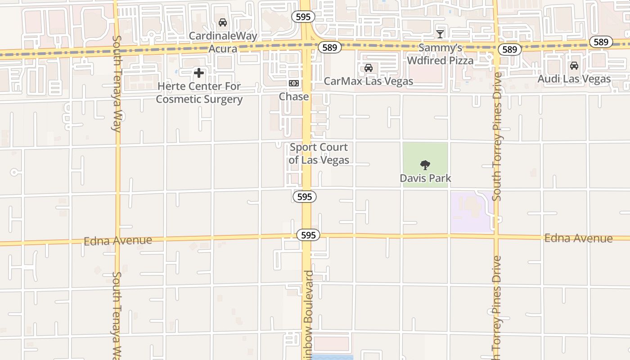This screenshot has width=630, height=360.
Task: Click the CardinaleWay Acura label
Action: pyautogui.click(x=223, y=42)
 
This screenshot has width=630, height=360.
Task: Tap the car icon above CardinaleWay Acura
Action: pyautogui.click(x=222, y=22)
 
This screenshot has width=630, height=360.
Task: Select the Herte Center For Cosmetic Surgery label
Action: pyautogui.click(x=199, y=93)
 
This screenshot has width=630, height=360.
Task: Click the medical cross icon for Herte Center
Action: pyautogui.click(x=199, y=72)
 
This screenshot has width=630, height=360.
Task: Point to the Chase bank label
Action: pyautogui.click(x=294, y=96)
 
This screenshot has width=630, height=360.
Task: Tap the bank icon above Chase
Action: pyautogui.click(x=294, y=83)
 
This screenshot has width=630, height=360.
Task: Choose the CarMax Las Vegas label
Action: pyautogui.click(x=369, y=81)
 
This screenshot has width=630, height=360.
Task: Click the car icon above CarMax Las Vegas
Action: pyautogui.click(x=369, y=68)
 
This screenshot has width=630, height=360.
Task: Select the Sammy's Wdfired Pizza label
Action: pyautogui.click(x=440, y=54)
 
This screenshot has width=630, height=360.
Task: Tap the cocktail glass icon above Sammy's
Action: pyautogui.click(x=440, y=34)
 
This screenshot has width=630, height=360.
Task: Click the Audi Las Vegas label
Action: pyautogui.click(x=575, y=79)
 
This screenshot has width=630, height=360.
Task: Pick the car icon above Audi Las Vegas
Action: pyautogui.click(x=574, y=66)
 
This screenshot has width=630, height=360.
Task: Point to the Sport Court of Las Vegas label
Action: pyautogui.click(x=319, y=153)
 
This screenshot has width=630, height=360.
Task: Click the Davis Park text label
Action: pyautogui.click(x=425, y=178)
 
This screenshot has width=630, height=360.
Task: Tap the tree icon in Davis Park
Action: pyautogui.click(x=425, y=165)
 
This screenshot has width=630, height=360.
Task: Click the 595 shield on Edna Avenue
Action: pyautogui.click(x=308, y=235)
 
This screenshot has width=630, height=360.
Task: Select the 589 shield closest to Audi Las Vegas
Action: pyautogui.click(x=601, y=42)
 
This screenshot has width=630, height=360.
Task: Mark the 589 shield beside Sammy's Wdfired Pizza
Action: pyautogui.click(x=509, y=49)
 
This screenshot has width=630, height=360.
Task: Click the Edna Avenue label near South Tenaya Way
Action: pyautogui.click(x=118, y=241)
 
